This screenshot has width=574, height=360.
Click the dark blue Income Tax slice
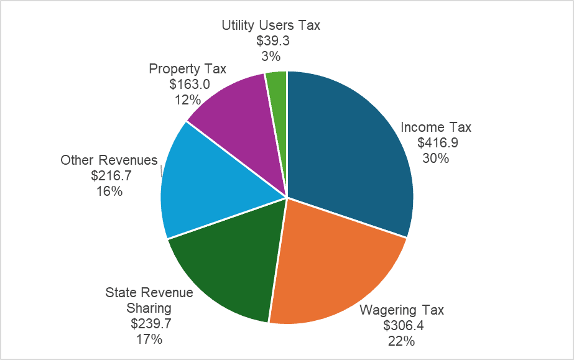tap(348, 149)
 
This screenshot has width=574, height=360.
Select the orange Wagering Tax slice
tap(336, 267)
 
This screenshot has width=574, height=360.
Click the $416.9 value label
tap(438, 143)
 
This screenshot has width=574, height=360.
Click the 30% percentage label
tap(435, 158)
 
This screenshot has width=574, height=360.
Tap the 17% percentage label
tap(149, 339)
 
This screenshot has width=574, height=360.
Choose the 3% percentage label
tap(271, 56)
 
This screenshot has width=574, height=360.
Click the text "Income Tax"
tap(436, 127)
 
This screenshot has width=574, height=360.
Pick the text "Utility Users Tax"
tap(271, 25)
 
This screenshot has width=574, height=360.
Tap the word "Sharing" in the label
tap(149, 308)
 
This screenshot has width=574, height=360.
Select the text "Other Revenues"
tap(109, 160)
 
